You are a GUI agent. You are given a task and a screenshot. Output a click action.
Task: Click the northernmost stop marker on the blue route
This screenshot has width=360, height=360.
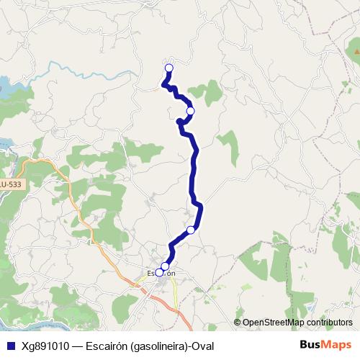coord(169,68)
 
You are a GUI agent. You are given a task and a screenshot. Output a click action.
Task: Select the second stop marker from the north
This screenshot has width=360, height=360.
coord(190,111)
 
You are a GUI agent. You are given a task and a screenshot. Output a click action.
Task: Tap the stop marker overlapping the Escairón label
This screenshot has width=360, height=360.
coord(159,272)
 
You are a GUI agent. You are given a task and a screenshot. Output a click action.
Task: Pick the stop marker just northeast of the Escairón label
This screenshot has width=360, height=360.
coord(166,266)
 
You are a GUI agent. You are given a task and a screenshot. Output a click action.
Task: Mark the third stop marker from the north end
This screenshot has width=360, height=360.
coord(191,230)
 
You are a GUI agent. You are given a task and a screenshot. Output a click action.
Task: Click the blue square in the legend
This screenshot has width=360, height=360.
coord(10,346)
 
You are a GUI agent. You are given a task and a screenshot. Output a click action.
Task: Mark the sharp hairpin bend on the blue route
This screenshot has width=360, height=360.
coord(179,122)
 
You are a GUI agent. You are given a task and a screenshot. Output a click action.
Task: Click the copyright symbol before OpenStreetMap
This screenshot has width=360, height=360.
coord(238,323)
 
